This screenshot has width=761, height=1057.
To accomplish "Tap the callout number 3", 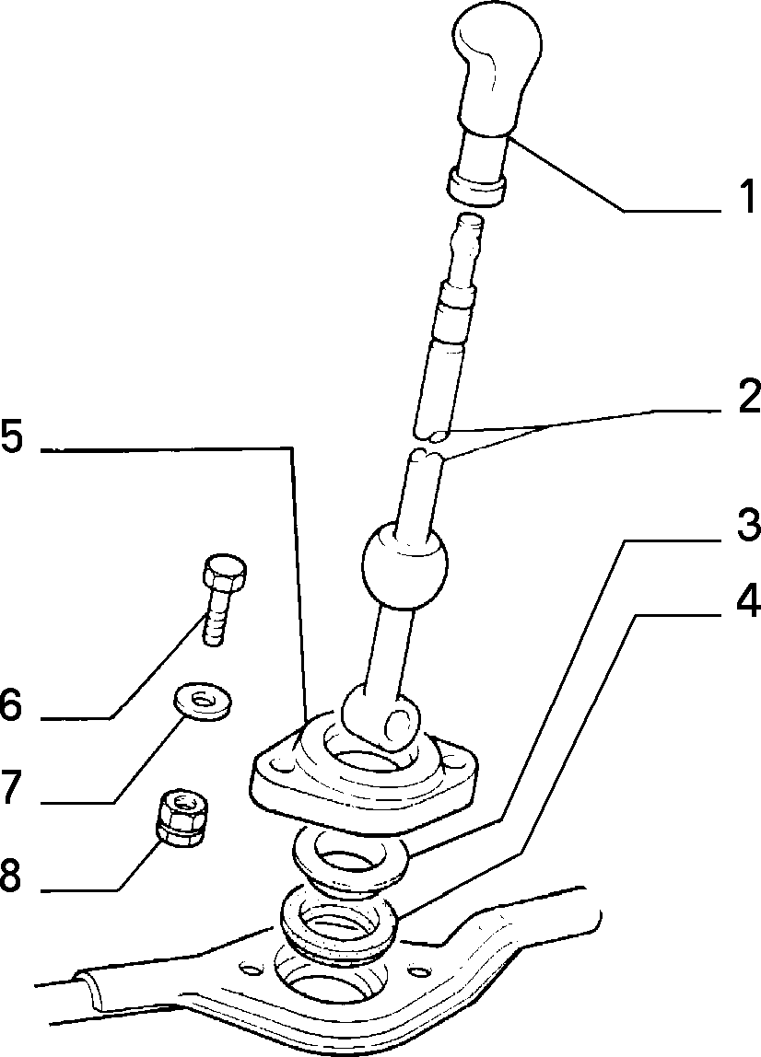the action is [x=747, y=525].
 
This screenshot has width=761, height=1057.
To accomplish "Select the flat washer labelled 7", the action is [x=202, y=701].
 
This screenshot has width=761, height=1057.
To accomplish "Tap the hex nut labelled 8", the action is [x=182, y=818].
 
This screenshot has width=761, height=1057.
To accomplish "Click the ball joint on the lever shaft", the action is [x=404, y=557].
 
